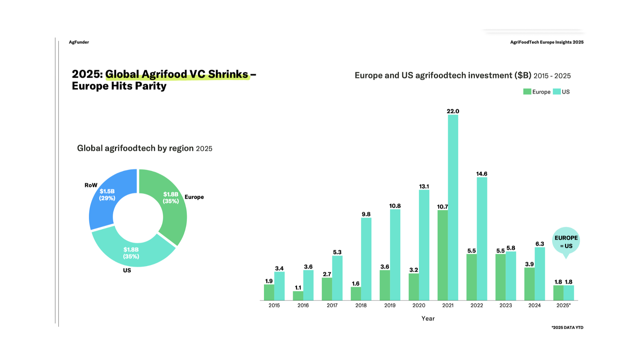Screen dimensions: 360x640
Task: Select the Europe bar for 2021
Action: [443, 255]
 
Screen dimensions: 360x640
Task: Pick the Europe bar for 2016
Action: [298, 296]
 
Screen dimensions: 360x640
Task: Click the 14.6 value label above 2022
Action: [482, 174]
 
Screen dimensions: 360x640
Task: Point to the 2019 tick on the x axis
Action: [390, 305]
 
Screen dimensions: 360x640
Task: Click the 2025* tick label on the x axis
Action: [563, 305]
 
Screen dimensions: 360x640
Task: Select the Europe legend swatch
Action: [527, 92]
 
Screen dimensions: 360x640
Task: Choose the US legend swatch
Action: [557, 92]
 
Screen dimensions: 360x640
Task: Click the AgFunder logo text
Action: [79, 42]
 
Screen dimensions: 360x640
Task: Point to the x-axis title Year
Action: [428, 318]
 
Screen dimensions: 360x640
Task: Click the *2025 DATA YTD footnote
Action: [567, 327]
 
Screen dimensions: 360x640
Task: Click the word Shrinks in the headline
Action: [228, 74]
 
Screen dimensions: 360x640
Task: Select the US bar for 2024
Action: [540, 274]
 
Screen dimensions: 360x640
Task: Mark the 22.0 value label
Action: [453, 111]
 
